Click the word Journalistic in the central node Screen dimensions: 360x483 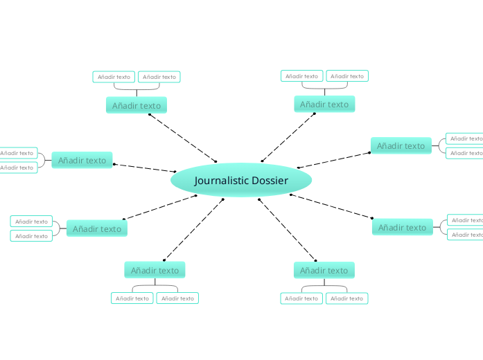[221, 181]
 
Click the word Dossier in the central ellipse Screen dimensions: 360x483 [270, 181]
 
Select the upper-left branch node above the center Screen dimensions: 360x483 [137, 106]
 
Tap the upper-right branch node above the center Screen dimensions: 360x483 [324, 105]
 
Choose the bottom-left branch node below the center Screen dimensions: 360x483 [155, 270]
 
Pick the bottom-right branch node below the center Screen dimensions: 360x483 [324, 270]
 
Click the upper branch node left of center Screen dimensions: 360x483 [82, 160]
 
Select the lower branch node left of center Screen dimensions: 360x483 [97, 228]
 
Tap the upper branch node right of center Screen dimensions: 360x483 [401, 145]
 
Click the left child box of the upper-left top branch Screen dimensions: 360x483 [114, 77]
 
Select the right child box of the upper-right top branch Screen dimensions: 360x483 [347, 76]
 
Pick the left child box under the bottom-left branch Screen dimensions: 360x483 [132, 298]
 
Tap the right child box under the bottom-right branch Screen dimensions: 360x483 [346, 298]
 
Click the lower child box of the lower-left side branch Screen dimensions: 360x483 [31, 236]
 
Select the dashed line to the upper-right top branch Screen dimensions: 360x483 [288, 137]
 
